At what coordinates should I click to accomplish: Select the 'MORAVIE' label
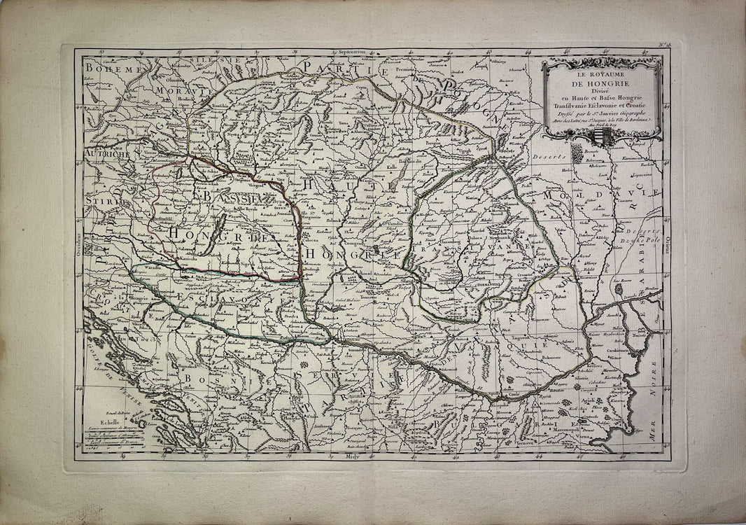click(176, 91)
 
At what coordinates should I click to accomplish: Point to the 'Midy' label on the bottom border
click(351, 455)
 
